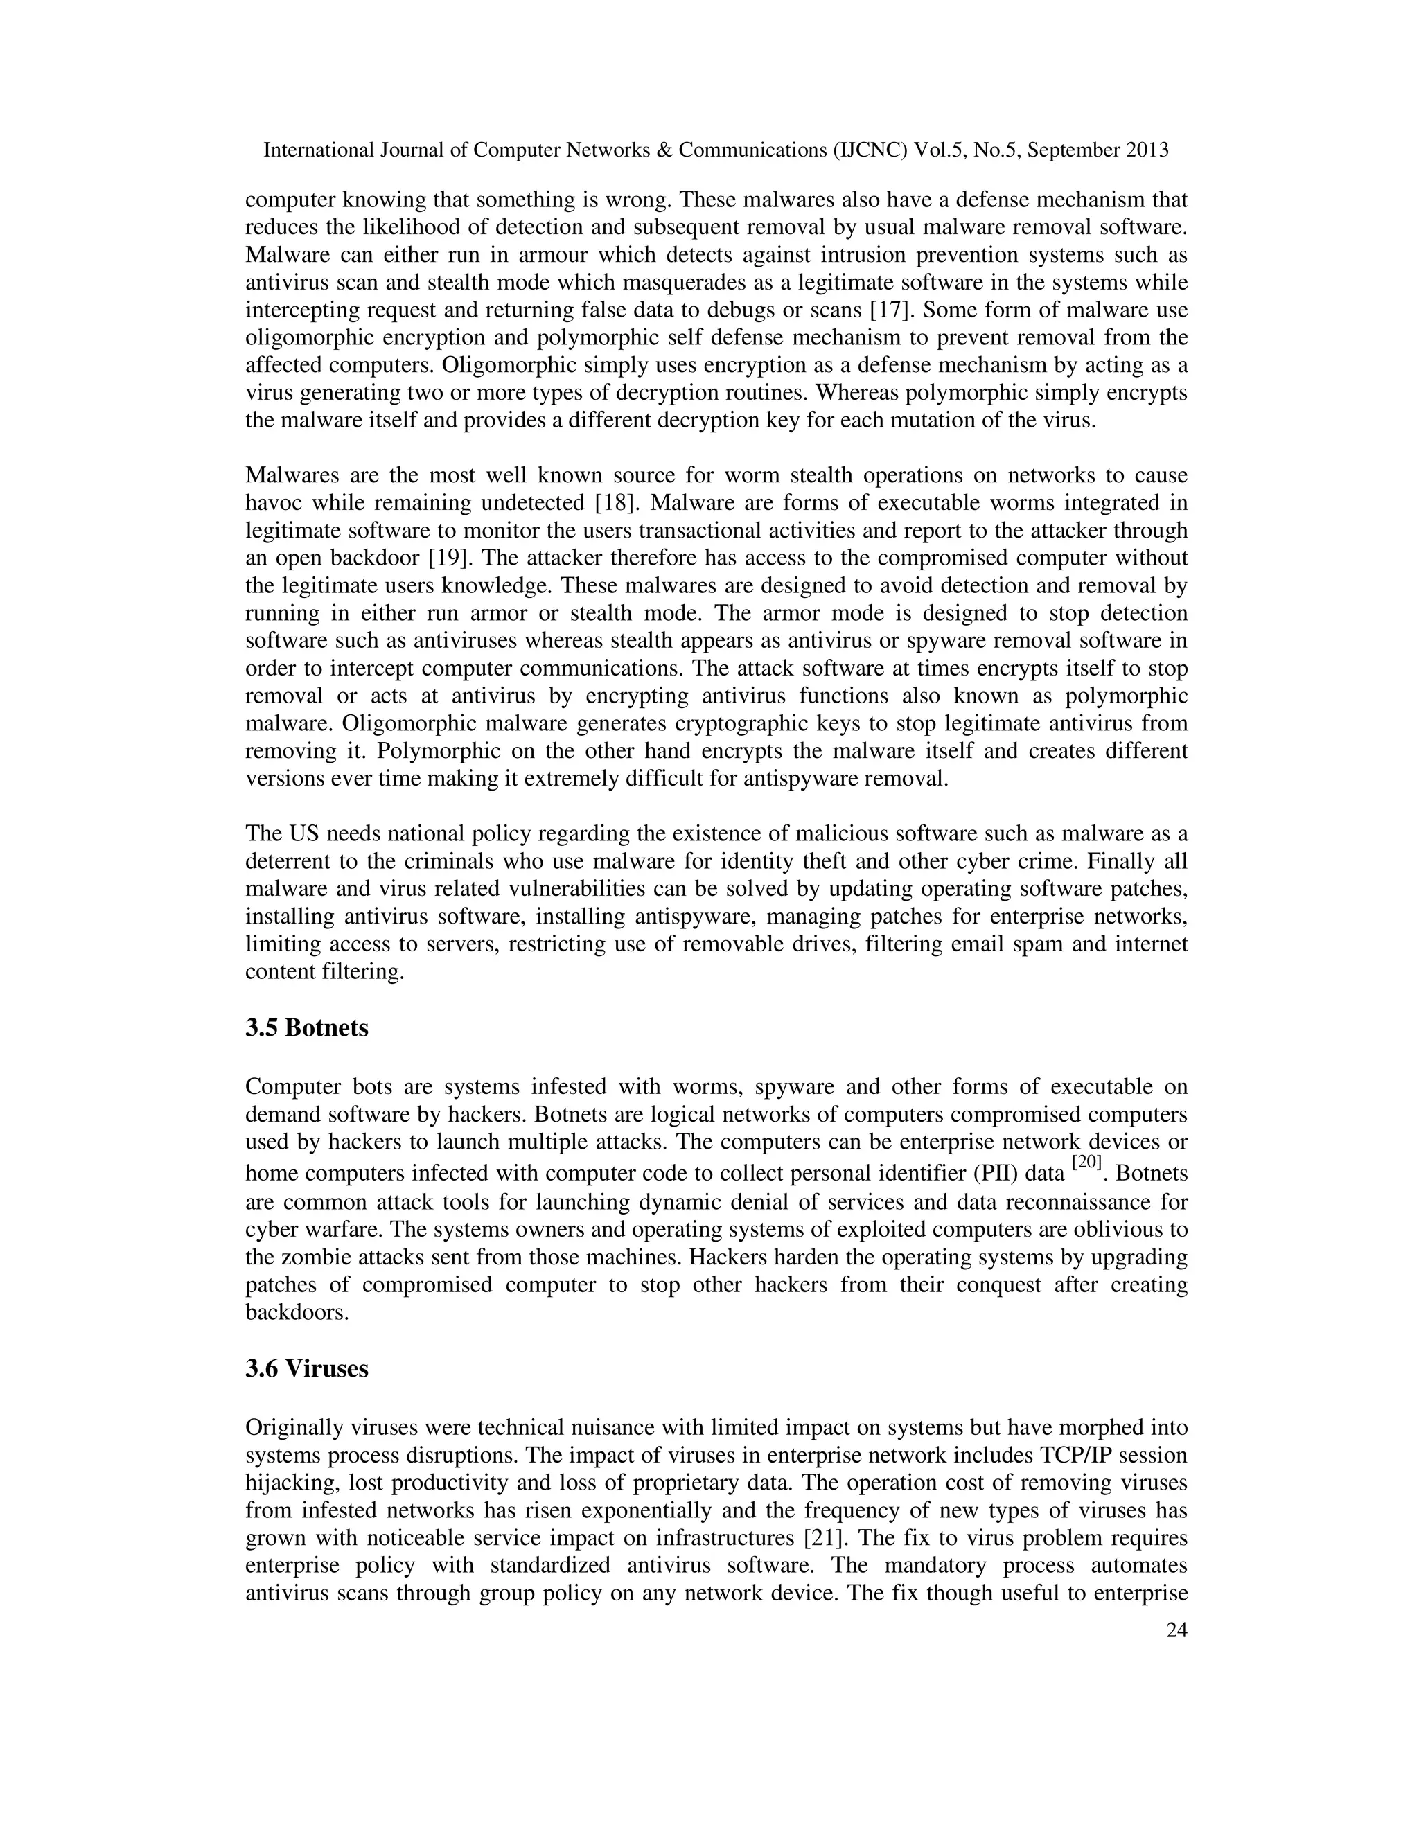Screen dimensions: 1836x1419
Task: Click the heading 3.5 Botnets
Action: (307, 1028)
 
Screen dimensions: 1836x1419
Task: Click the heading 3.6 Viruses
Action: (307, 1368)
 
